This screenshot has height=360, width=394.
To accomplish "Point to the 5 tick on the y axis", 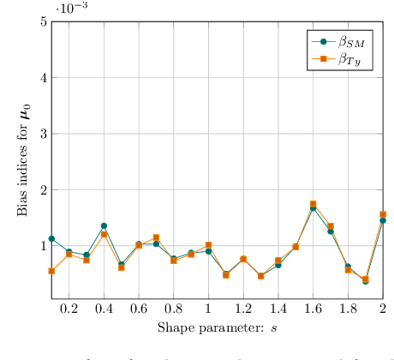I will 42,21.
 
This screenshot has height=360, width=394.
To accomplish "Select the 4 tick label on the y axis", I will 42,77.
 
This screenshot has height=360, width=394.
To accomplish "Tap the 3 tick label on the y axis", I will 42,134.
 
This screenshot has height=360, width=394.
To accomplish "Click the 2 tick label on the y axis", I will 42,189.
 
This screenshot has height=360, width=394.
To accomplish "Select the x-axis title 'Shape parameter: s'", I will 217,327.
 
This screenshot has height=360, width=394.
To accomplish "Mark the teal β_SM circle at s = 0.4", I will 104,225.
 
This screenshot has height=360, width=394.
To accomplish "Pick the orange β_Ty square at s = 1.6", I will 313,204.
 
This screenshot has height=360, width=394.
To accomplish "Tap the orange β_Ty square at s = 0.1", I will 51,271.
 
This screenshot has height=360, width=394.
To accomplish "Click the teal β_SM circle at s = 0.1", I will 51,238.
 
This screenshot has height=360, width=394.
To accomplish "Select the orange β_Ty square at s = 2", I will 383,214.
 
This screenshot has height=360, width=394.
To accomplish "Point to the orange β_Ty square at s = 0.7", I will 156,237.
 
